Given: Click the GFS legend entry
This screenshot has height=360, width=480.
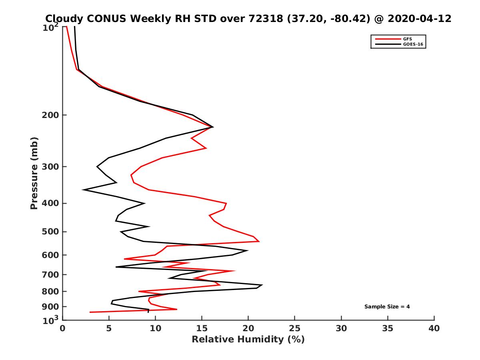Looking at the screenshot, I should tap(408, 39).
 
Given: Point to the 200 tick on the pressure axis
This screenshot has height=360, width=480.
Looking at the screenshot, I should tap(50, 115).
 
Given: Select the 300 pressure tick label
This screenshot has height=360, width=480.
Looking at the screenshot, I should tap(50, 167).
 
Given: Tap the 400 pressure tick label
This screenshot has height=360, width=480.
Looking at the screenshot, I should tap(50, 203).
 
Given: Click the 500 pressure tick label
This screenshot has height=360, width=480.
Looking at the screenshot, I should tap(50, 232).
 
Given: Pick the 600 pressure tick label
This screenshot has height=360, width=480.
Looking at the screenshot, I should tap(50, 255).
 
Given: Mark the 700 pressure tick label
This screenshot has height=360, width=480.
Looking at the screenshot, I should tap(50, 274).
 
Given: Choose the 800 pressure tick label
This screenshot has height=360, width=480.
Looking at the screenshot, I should tap(50, 291).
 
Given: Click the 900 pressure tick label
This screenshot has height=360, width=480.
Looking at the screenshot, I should tap(50, 306).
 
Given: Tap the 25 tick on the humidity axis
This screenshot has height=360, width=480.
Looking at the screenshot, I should tap(295, 328).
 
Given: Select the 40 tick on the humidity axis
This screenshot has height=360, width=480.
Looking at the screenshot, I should tap(434, 328).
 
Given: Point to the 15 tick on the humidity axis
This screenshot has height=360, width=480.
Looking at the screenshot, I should tap(202, 328).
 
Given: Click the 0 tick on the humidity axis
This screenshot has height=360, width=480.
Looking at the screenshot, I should tap(62, 328).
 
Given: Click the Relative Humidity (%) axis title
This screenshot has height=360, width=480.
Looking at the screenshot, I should tap(248, 340).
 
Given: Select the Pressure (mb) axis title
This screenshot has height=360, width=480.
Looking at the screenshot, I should tap(34, 173).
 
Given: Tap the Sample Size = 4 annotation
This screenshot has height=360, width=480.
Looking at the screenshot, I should tap(387, 307).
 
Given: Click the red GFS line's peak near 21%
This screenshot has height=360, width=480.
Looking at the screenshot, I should tap(259, 242).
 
